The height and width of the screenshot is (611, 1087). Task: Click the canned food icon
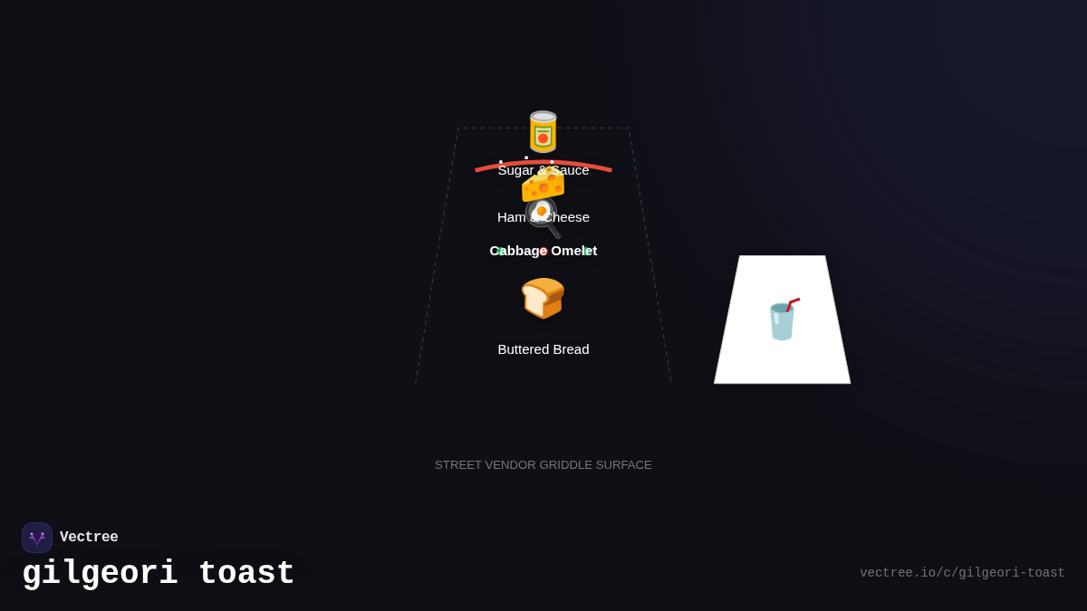click(x=543, y=132)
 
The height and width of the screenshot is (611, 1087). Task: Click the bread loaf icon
click(x=543, y=298)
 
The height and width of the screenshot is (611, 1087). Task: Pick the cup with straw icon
click(x=783, y=320)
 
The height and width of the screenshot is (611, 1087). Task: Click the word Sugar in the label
click(x=515, y=170)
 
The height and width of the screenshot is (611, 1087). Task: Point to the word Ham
click(x=511, y=217)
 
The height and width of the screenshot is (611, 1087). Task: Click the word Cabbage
click(x=517, y=251)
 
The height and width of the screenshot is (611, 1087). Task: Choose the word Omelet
click(x=574, y=251)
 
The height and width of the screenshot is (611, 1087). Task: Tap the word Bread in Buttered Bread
click(x=570, y=349)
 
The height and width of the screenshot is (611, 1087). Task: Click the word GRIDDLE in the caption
click(x=572, y=465)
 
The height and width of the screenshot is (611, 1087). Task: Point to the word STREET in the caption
click(x=458, y=465)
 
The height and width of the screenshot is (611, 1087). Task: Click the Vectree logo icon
click(x=37, y=538)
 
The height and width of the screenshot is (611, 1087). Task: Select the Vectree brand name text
click(x=89, y=538)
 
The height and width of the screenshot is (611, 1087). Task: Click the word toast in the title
click(x=246, y=574)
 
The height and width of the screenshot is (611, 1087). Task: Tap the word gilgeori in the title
click(x=100, y=574)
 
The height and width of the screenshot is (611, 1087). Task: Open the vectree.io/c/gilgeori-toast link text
click(x=962, y=573)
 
